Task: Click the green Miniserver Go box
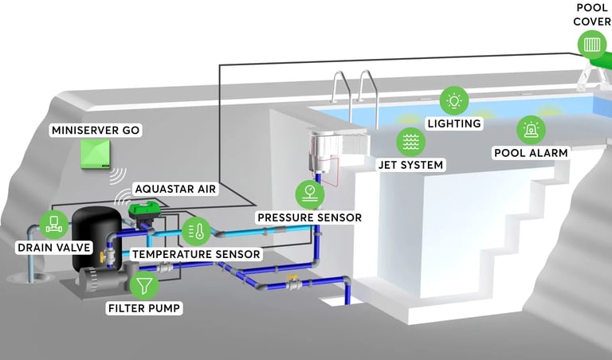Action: (96, 154)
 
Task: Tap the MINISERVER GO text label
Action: (96, 130)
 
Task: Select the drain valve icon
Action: (54, 225)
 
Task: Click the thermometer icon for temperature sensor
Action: (196, 231)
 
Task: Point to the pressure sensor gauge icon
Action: (310, 194)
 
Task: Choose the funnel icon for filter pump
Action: (144, 285)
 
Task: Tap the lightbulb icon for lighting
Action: (454, 100)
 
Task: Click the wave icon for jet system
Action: (410, 142)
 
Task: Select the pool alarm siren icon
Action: (531, 130)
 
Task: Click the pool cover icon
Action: (592, 45)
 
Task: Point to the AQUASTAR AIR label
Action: (175, 189)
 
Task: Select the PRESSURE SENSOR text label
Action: (309, 217)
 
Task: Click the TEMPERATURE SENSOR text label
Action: (196, 254)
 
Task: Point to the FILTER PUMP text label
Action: (144, 308)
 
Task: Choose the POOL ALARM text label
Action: (531, 152)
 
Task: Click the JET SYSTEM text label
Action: (410, 165)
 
